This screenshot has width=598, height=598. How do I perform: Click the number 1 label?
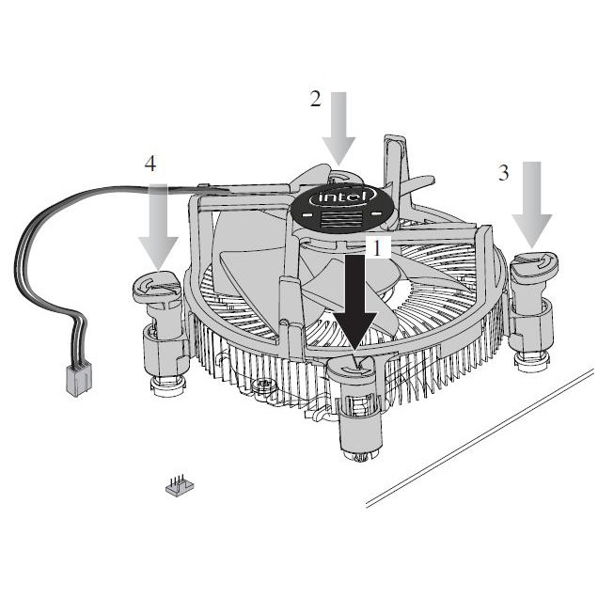point(376,248)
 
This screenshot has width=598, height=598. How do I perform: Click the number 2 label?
point(315,99)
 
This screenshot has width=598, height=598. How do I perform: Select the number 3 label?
point(504,172)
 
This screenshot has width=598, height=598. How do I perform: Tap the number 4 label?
point(150,164)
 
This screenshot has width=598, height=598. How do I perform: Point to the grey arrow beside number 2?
point(338,129)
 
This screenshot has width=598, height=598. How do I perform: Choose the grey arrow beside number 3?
point(532,204)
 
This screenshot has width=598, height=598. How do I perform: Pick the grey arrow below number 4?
point(158,228)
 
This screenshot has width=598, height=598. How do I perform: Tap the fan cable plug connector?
point(79,380)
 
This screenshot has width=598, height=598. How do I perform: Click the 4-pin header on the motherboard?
point(180,485)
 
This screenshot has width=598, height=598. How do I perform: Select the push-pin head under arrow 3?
point(534,264)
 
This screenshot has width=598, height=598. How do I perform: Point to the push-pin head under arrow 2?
point(340,178)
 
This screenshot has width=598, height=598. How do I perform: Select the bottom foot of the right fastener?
point(531,362)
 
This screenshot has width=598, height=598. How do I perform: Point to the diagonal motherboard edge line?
point(480,438)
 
